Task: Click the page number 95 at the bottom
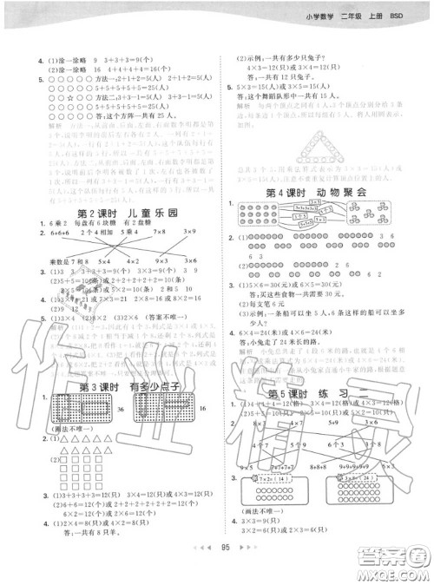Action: click(x=225, y=571)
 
